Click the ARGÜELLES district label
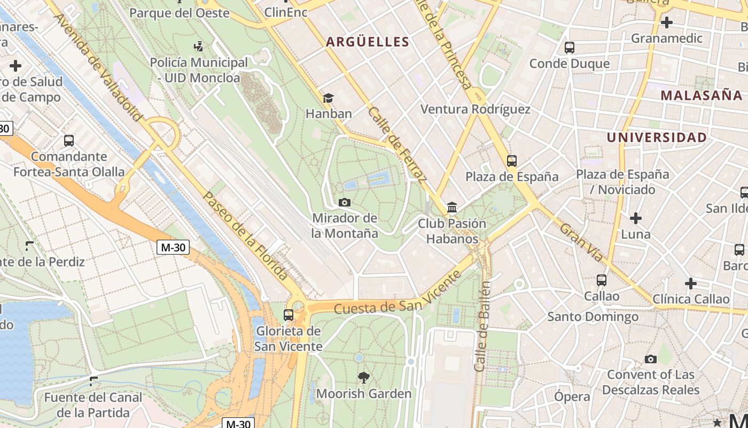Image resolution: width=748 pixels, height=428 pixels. pos(368,42)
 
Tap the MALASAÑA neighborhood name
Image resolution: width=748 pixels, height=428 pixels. pos(702,96)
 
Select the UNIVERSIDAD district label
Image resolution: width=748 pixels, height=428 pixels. pos(657,137)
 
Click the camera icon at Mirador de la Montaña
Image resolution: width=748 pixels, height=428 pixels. pos(345,202)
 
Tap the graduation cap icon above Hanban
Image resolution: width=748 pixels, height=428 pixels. pos(328,98)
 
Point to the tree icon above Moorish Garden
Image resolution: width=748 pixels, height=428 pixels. pos(364,378)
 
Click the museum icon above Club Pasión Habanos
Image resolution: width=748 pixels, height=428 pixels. pos(452,207)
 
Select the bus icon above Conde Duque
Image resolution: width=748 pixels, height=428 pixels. pos(570,48)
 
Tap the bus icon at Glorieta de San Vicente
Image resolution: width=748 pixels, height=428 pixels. pos(289,315)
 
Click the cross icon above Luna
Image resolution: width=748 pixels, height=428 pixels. pos(635,218)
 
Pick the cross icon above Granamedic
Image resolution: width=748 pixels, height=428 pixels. pos(666,22)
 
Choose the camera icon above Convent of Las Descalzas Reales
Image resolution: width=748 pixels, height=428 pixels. pos(650,359)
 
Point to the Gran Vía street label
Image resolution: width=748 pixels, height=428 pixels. pos(582,242)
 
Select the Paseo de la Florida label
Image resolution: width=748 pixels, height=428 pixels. pos(245,235)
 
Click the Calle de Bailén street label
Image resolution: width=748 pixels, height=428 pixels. pos(482,326)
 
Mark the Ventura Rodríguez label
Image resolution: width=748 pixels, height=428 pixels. pos(475,110)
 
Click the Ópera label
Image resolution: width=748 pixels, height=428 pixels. pos(572,396)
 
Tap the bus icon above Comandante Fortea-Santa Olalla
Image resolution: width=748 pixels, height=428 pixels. pos(69,141)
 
